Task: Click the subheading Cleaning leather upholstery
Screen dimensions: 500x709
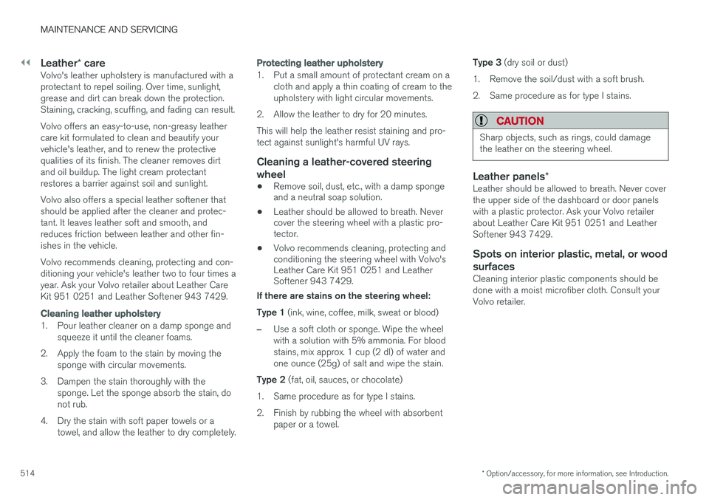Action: tap(100, 313)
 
